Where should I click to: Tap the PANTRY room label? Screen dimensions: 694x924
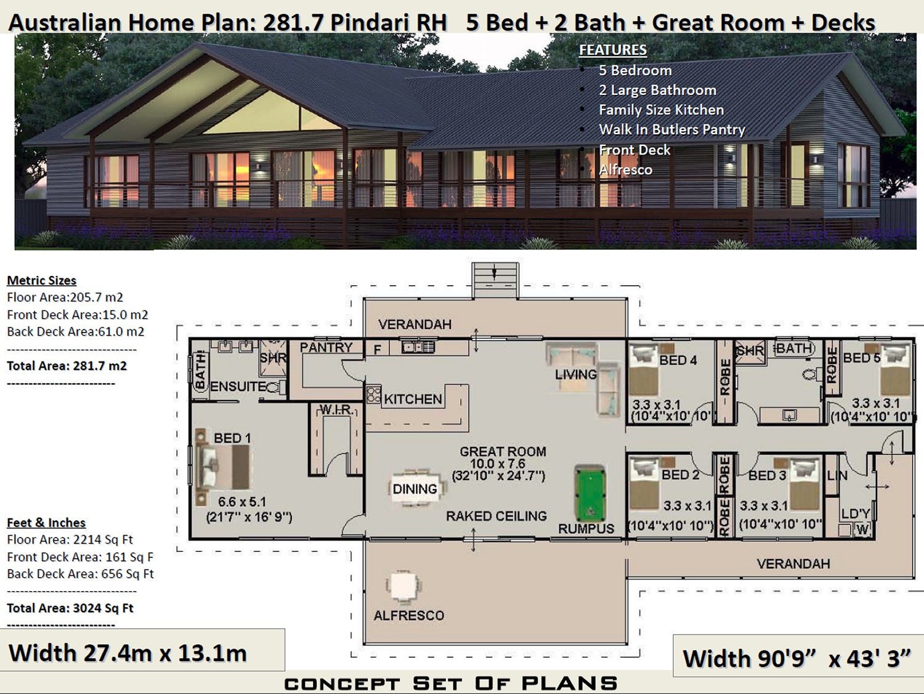[x=326, y=347]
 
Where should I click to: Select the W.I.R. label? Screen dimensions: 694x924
[x=336, y=410]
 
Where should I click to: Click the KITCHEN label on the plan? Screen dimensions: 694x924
[x=413, y=399]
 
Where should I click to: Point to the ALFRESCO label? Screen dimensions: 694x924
[x=408, y=615]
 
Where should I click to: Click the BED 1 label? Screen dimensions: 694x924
[x=232, y=438]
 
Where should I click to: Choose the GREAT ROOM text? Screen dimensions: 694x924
[x=503, y=451]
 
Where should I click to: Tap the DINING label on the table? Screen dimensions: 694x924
[x=415, y=489]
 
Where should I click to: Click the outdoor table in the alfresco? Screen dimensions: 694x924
[x=403, y=587]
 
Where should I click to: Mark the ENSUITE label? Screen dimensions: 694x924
[x=238, y=387]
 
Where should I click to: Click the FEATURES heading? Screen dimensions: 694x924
[x=613, y=50]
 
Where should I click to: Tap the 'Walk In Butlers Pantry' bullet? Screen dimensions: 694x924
[x=671, y=129]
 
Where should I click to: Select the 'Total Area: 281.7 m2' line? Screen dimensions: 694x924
[x=67, y=366]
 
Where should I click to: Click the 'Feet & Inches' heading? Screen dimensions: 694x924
[x=46, y=523]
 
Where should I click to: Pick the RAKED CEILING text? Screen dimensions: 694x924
[x=496, y=516]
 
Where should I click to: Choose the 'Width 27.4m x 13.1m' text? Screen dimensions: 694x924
[x=128, y=653]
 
